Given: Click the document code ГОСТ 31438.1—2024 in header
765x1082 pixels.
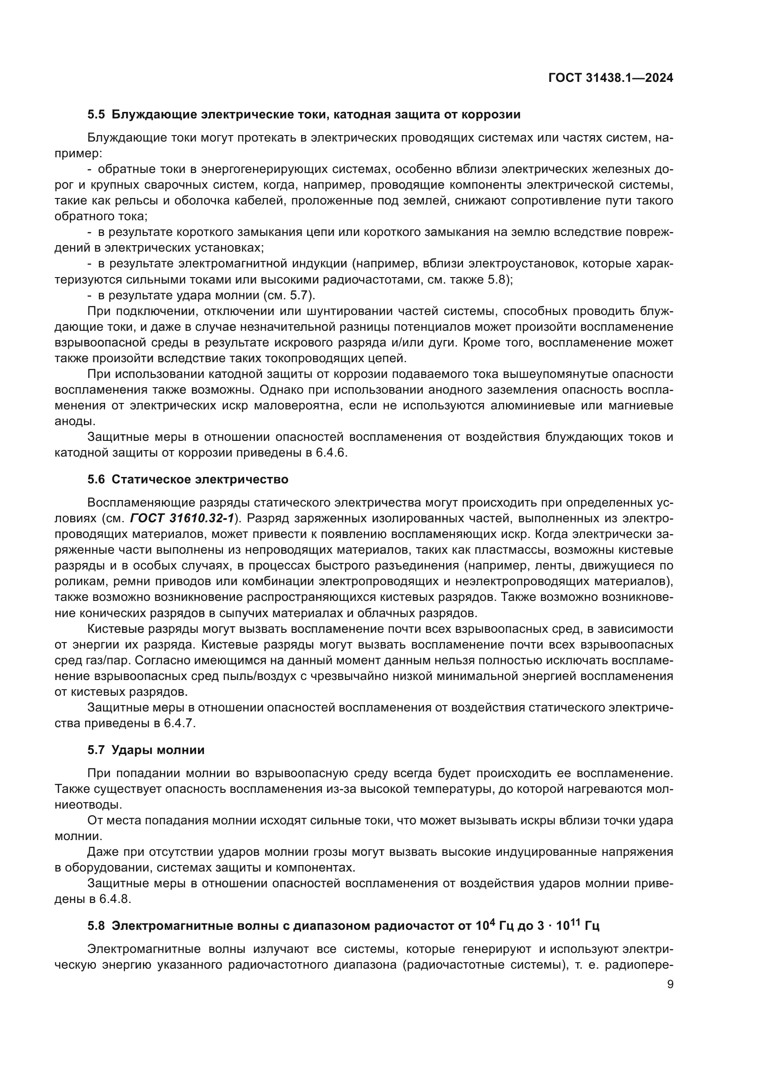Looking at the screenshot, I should pyautogui.click(x=611, y=78).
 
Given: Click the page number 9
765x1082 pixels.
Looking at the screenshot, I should pyautogui.click(x=670, y=984).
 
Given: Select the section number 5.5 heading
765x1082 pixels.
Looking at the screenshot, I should pyautogui.click(x=96, y=115).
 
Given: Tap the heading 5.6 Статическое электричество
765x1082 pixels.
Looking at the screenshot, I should pyautogui.click(x=187, y=479).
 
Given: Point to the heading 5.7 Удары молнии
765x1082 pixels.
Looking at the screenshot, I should pyautogui.click(x=146, y=750).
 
